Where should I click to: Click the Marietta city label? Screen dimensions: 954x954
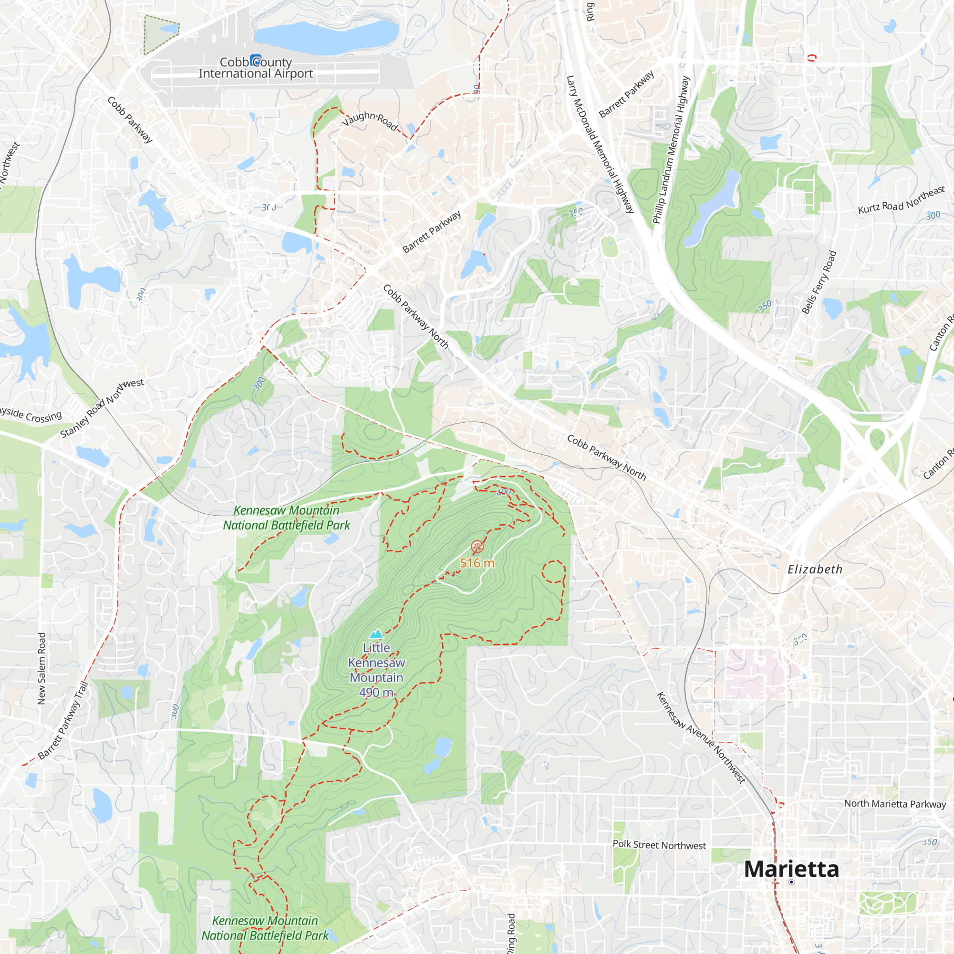pyautogui.click(x=791, y=870)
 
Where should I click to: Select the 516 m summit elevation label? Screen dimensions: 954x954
pyautogui.click(x=477, y=563)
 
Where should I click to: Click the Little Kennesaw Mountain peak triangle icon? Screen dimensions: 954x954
pyautogui.click(x=377, y=633)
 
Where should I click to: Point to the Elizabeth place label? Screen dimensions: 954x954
pyautogui.click(x=815, y=570)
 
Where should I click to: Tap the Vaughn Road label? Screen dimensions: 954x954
pyautogui.click(x=370, y=120)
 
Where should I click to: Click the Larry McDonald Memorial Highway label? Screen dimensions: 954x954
pyautogui.click(x=600, y=144)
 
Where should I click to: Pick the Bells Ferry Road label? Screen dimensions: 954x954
pyautogui.click(x=819, y=282)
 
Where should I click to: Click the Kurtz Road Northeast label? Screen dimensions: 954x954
pyautogui.click(x=901, y=200)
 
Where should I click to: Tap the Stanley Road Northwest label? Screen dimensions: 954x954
pyautogui.click(x=102, y=408)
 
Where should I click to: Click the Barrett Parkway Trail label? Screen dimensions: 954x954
pyautogui.click(x=62, y=720)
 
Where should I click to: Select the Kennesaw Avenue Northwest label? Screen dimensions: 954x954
pyautogui.click(x=701, y=738)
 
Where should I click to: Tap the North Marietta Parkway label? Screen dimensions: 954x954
pyautogui.click(x=895, y=803)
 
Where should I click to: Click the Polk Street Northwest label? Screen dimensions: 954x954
pyautogui.click(x=659, y=845)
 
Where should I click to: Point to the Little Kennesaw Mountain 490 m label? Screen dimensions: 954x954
pyautogui.click(x=377, y=670)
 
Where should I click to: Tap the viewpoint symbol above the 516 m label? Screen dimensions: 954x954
pyautogui.click(x=477, y=546)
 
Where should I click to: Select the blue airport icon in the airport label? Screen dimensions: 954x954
pyautogui.click(x=255, y=60)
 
